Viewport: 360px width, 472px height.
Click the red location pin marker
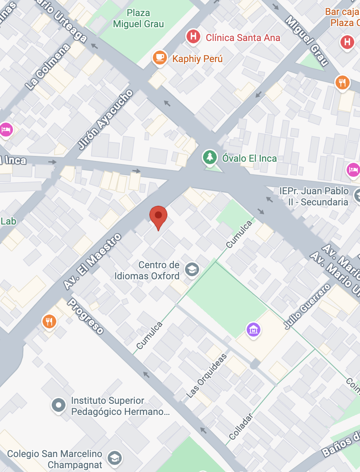(158, 216)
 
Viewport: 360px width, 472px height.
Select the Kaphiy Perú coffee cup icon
(159, 58)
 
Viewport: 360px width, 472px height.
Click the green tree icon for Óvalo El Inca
(209, 157)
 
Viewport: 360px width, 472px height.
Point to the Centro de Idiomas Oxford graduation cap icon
(192, 270)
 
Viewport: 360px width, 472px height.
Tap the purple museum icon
(254, 329)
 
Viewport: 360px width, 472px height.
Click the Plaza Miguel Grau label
(138, 18)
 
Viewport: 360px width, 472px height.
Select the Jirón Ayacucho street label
(106, 120)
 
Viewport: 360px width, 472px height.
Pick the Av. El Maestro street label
(92, 261)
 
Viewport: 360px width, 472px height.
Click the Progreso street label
(85, 316)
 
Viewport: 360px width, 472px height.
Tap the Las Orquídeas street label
(206, 375)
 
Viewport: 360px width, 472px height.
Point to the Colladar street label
(241, 426)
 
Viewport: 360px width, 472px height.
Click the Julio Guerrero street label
(307, 306)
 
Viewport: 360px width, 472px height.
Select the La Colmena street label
(48, 67)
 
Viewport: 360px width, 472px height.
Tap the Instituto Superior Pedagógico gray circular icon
(59, 405)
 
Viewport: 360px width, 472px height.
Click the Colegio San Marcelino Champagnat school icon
(115, 458)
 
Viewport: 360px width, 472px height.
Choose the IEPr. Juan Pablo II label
(314, 196)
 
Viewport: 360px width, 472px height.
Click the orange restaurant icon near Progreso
(49, 321)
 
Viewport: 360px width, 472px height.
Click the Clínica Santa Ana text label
(243, 38)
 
